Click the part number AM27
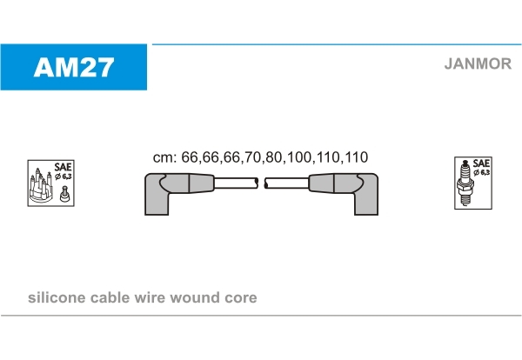[74, 67]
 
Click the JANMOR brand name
[478, 63]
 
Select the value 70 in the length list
[252, 157]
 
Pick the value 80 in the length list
[274, 157]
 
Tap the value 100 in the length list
[299, 157]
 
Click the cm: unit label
[164, 157]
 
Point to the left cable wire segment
[236, 183]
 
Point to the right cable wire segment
[286, 183]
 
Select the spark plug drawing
[465, 183]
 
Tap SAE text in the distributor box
[63, 166]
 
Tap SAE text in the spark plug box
[481, 163]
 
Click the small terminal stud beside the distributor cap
[64, 194]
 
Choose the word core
[240, 298]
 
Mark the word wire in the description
[149, 297]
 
